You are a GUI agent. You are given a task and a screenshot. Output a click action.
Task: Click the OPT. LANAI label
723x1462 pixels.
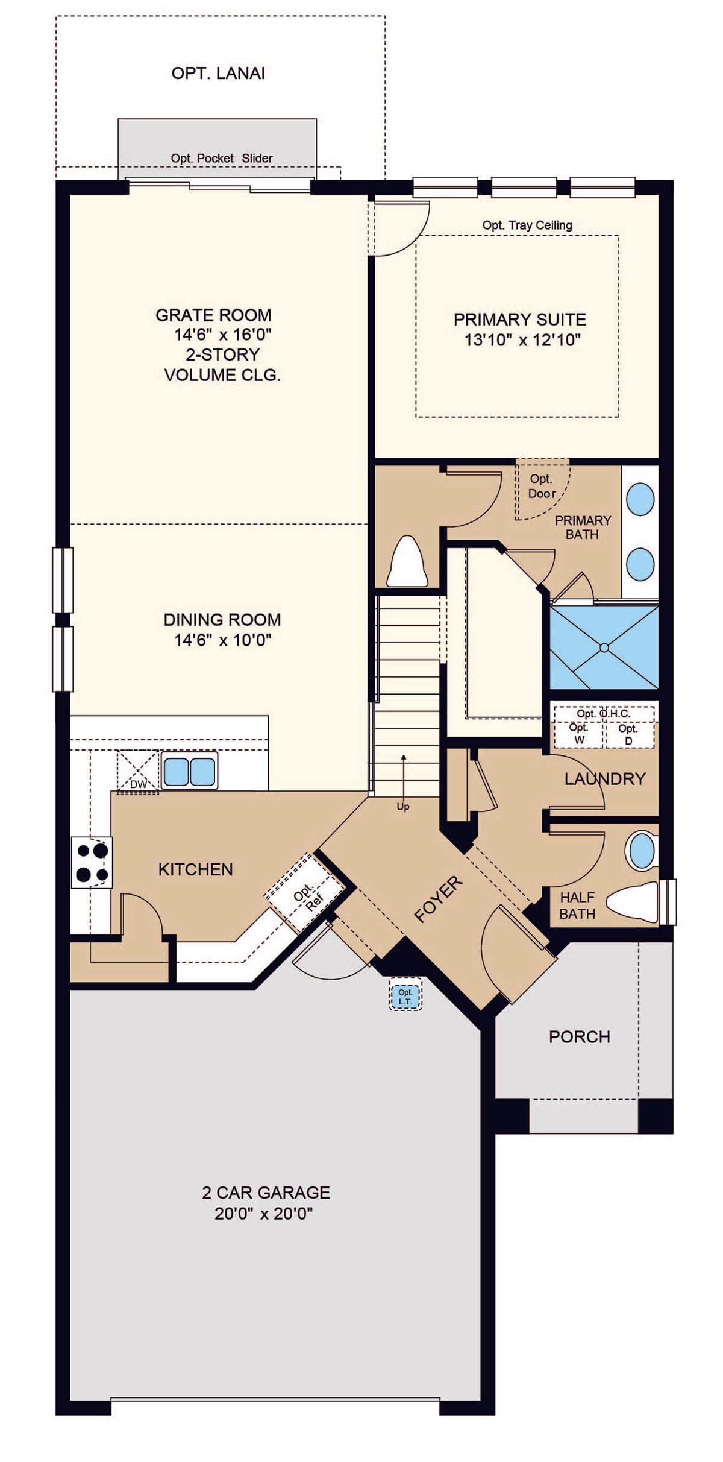click(x=218, y=74)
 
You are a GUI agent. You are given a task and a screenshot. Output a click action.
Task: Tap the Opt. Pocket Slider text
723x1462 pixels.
click(x=222, y=158)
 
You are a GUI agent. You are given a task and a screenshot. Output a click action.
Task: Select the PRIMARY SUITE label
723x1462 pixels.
click(x=520, y=320)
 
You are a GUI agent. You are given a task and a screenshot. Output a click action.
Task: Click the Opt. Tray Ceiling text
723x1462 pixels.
click(x=527, y=225)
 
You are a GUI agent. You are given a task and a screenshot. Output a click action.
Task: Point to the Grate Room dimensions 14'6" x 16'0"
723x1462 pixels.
click(x=223, y=335)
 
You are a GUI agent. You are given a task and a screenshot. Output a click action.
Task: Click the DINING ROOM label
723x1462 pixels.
click(x=222, y=620)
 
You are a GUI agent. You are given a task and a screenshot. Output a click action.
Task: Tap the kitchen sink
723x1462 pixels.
click(x=189, y=770)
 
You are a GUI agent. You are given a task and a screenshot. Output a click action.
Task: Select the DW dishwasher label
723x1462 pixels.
click(x=139, y=784)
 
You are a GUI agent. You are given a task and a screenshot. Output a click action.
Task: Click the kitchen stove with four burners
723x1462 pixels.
click(x=92, y=862)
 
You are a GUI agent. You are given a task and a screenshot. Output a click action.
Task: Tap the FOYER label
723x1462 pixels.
click(x=439, y=899)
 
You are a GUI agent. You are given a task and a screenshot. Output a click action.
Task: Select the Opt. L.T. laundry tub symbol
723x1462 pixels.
click(x=405, y=997)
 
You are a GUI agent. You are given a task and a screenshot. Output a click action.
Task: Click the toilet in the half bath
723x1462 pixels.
click(x=633, y=902)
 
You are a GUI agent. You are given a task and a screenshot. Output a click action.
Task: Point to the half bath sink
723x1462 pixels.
click(x=642, y=851)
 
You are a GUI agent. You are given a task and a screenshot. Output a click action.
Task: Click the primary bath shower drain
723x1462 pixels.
click(x=604, y=648)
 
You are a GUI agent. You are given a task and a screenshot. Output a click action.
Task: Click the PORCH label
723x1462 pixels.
click(x=580, y=1037)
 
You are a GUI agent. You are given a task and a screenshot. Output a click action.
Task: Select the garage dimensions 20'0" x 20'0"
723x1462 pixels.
click(x=264, y=1213)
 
